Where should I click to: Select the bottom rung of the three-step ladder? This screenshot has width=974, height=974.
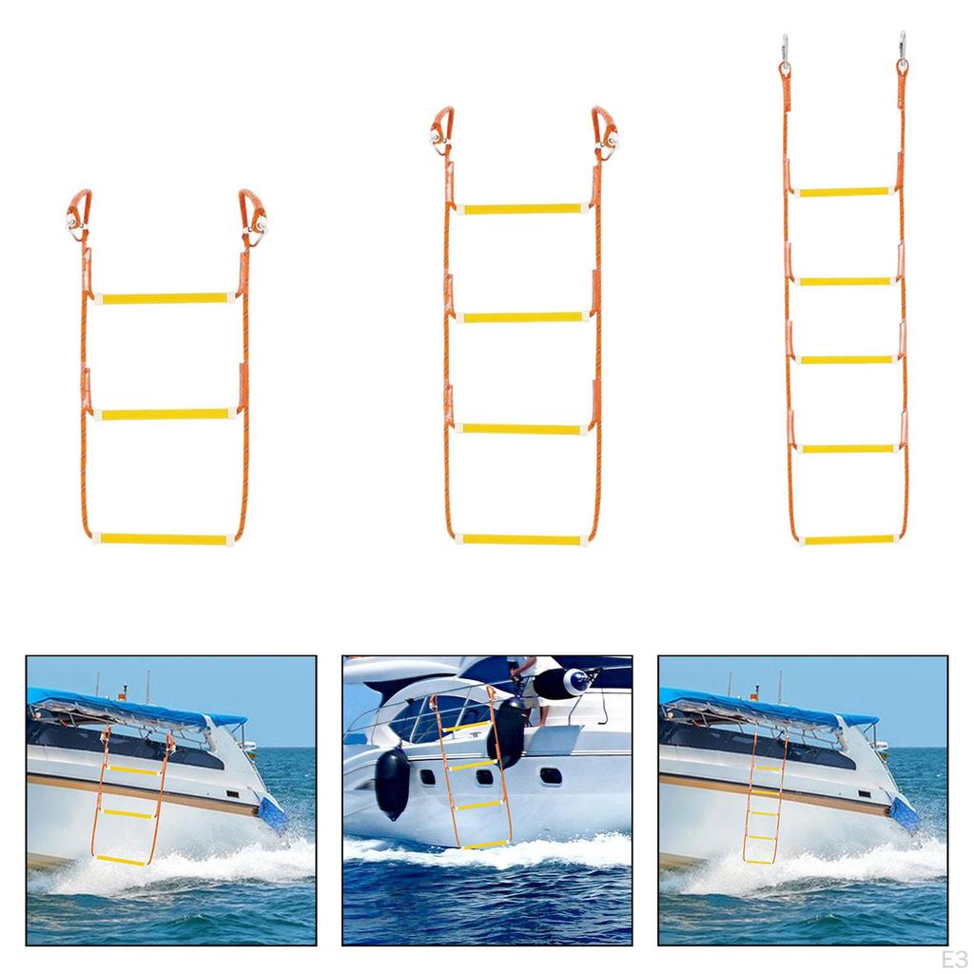[x=165, y=539]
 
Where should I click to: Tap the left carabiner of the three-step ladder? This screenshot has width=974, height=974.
[x=78, y=211]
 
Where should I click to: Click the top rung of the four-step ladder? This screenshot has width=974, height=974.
[x=521, y=208]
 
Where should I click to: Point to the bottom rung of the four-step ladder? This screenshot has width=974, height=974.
[x=521, y=539]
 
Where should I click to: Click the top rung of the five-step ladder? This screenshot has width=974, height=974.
[x=844, y=191]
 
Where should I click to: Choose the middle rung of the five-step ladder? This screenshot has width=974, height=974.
[x=846, y=360]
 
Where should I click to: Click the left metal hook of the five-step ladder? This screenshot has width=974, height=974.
[x=785, y=52]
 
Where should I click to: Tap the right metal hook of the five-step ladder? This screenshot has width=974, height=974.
[x=901, y=50]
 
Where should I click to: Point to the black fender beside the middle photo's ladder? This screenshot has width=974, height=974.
[x=392, y=782]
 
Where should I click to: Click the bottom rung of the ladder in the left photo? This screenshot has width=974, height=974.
[x=120, y=860]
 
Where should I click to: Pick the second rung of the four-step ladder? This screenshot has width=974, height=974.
[x=521, y=317]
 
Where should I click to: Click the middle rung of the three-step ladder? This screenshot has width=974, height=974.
[x=166, y=414]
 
